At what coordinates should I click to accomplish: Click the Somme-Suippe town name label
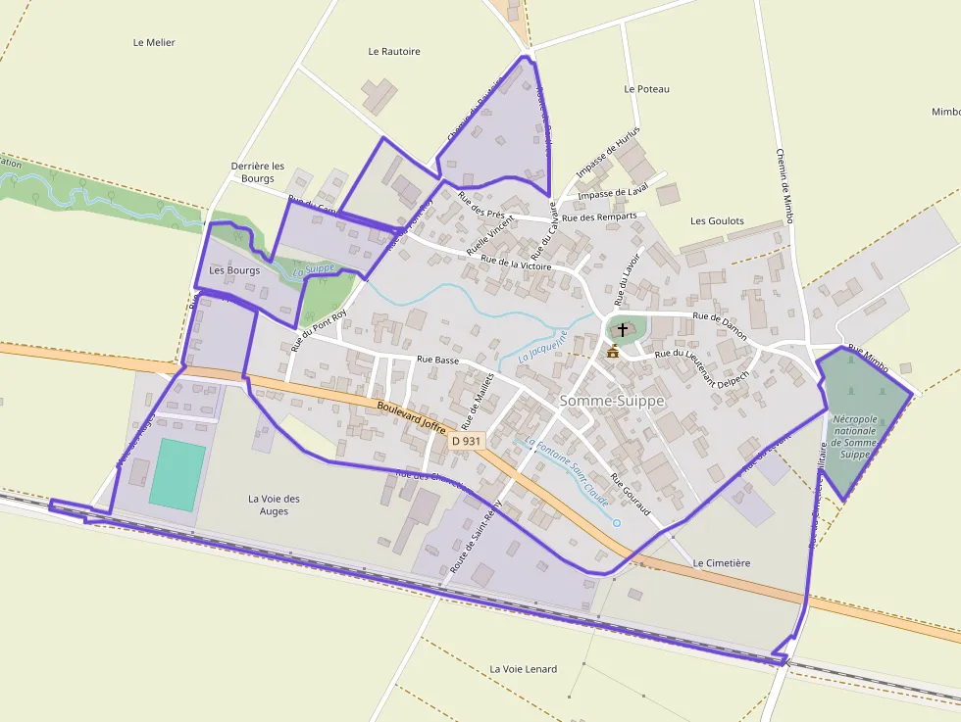tap(612, 401)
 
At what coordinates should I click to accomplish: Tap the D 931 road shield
tap(467, 442)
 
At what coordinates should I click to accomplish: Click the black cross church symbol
tap(623, 330)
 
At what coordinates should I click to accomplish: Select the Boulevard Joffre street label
tap(410, 417)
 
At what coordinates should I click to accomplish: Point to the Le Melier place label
tap(153, 43)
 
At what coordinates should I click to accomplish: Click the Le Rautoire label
tap(394, 51)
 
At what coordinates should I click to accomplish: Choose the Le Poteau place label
tap(646, 89)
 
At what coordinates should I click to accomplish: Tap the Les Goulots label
tap(717, 221)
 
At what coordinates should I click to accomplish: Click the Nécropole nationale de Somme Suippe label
tap(859, 431)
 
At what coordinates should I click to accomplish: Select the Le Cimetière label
tap(721, 563)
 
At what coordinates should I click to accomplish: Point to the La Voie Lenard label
tap(523, 669)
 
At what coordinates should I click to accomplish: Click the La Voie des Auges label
tap(274, 505)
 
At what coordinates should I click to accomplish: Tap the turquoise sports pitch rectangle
tap(177, 474)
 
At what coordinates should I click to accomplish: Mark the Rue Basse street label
tap(437, 360)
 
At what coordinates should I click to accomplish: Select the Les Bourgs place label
tap(234, 270)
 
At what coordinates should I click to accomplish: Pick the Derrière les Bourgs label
tap(258, 172)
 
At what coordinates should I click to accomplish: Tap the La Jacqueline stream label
tap(543, 348)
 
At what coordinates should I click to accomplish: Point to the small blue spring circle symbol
tap(616, 523)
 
